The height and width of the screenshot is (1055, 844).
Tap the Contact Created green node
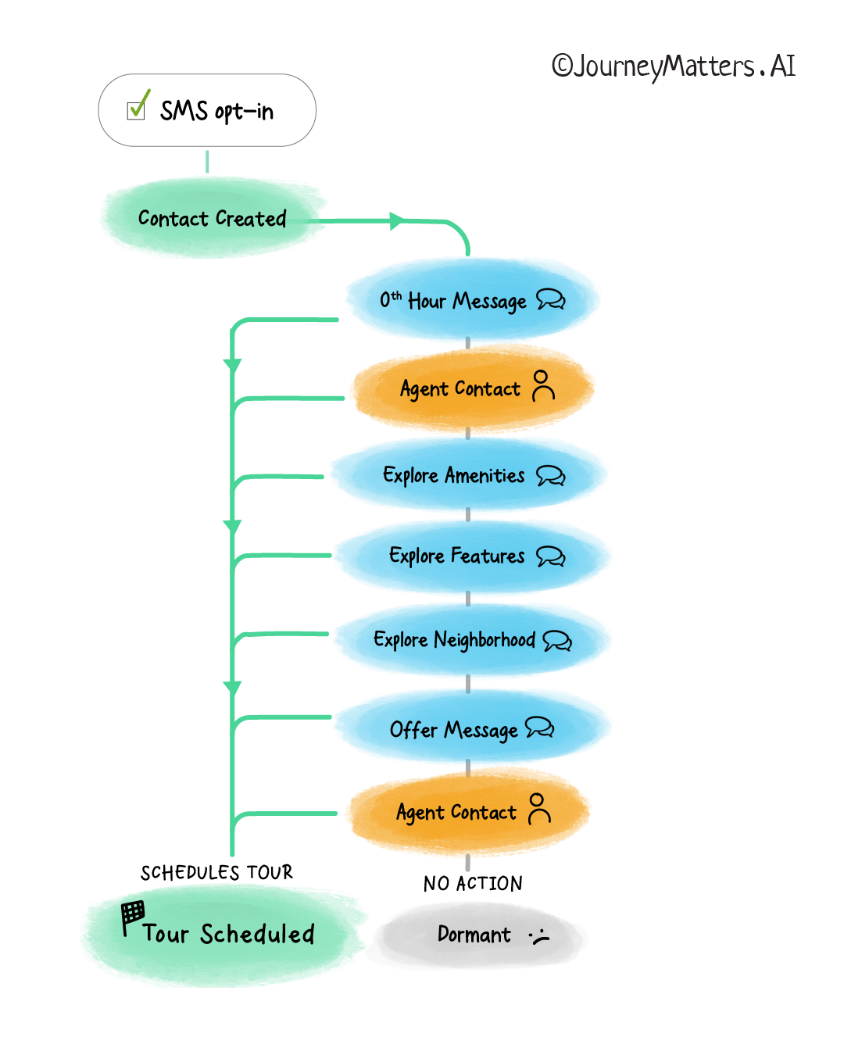[212, 219]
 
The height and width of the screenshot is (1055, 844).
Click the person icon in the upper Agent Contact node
[542, 385]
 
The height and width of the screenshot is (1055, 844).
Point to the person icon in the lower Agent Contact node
[538, 809]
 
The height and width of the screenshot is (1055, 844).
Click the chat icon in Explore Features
[550, 556]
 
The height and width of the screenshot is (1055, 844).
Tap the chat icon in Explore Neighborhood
[556, 641]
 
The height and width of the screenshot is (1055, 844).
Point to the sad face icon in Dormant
[540, 935]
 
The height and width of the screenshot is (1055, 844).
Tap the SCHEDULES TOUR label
[216, 872]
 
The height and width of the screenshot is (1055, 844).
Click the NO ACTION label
[473, 884]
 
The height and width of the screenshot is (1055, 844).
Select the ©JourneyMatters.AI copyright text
[673, 66]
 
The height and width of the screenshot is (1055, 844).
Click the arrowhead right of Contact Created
[396, 221]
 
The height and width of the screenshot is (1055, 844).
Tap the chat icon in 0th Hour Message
[550, 299]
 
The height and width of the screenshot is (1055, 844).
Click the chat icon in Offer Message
[539, 728]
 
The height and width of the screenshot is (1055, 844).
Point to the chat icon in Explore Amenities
[550, 475]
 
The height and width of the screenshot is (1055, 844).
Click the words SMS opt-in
[216, 111]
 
